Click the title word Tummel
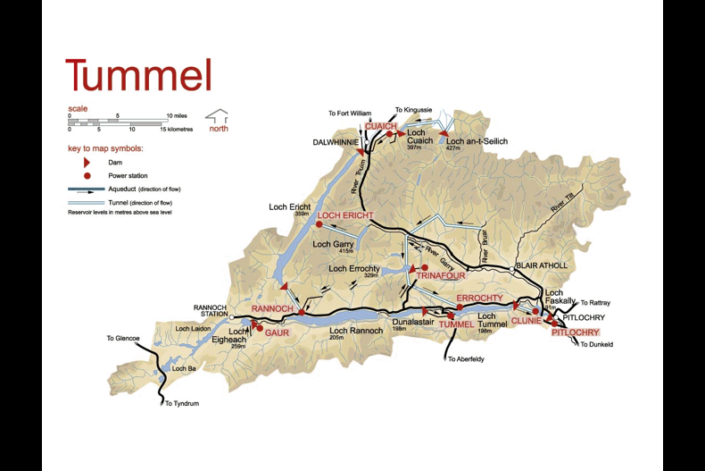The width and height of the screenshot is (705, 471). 138,75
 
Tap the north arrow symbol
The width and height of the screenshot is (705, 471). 217,116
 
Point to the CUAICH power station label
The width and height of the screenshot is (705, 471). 380,126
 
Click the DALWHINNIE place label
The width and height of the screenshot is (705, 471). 335,142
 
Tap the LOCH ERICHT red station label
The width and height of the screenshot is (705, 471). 344,215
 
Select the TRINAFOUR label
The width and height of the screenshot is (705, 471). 436,277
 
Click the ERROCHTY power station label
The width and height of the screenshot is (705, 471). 479,298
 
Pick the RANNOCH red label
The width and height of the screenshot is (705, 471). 272,308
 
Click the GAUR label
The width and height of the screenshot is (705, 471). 277,332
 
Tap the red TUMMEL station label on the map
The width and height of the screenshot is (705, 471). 456,324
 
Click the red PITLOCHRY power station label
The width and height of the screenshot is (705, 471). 575,332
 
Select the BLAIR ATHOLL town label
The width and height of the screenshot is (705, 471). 541,265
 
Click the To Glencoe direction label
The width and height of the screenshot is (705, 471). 123,339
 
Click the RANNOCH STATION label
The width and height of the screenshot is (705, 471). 211,311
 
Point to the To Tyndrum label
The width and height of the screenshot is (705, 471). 181,404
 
